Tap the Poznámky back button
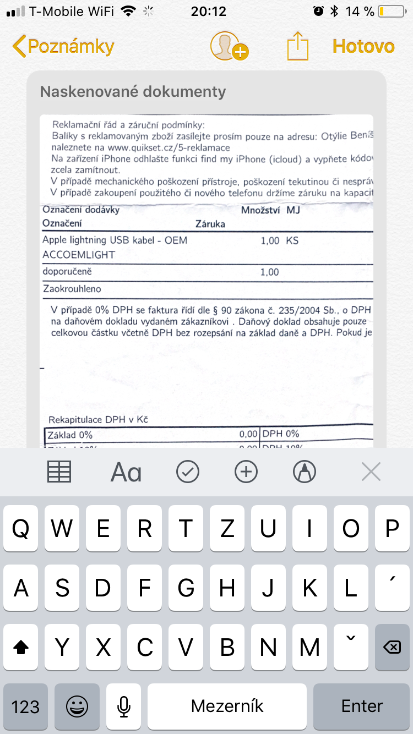click(63, 47)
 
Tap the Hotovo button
click(363, 47)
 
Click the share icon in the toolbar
click(297, 47)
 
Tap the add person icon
click(228, 47)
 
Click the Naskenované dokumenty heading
click(133, 91)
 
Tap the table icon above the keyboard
click(59, 472)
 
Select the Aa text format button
click(126, 472)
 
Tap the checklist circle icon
click(188, 472)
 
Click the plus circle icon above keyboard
click(246, 472)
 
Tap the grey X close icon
click(371, 472)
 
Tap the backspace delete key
click(392, 648)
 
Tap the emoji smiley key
click(77, 706)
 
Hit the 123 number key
click(25, 706)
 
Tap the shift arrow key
click(21, 648)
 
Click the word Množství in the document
click(261, 210)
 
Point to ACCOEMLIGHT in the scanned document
click(79, 255)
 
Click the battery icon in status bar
click(391, 11)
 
